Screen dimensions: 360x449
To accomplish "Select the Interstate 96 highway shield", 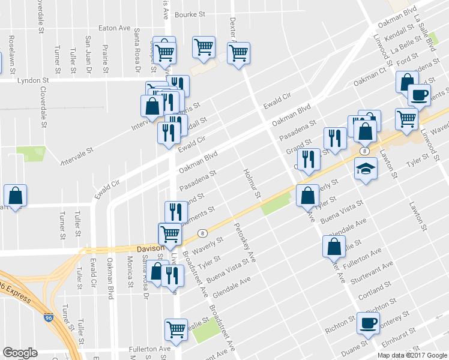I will point(49,316).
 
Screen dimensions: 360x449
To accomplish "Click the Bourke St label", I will point(190,14).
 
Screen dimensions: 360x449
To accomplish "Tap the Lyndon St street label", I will point(33,80).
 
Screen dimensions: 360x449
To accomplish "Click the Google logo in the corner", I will point(20,353).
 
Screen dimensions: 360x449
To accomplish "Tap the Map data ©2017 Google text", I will point(412,355).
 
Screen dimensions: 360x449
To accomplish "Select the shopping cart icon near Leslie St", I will point(176,329).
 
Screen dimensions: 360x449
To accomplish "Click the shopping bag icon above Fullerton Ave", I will point(334,246).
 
